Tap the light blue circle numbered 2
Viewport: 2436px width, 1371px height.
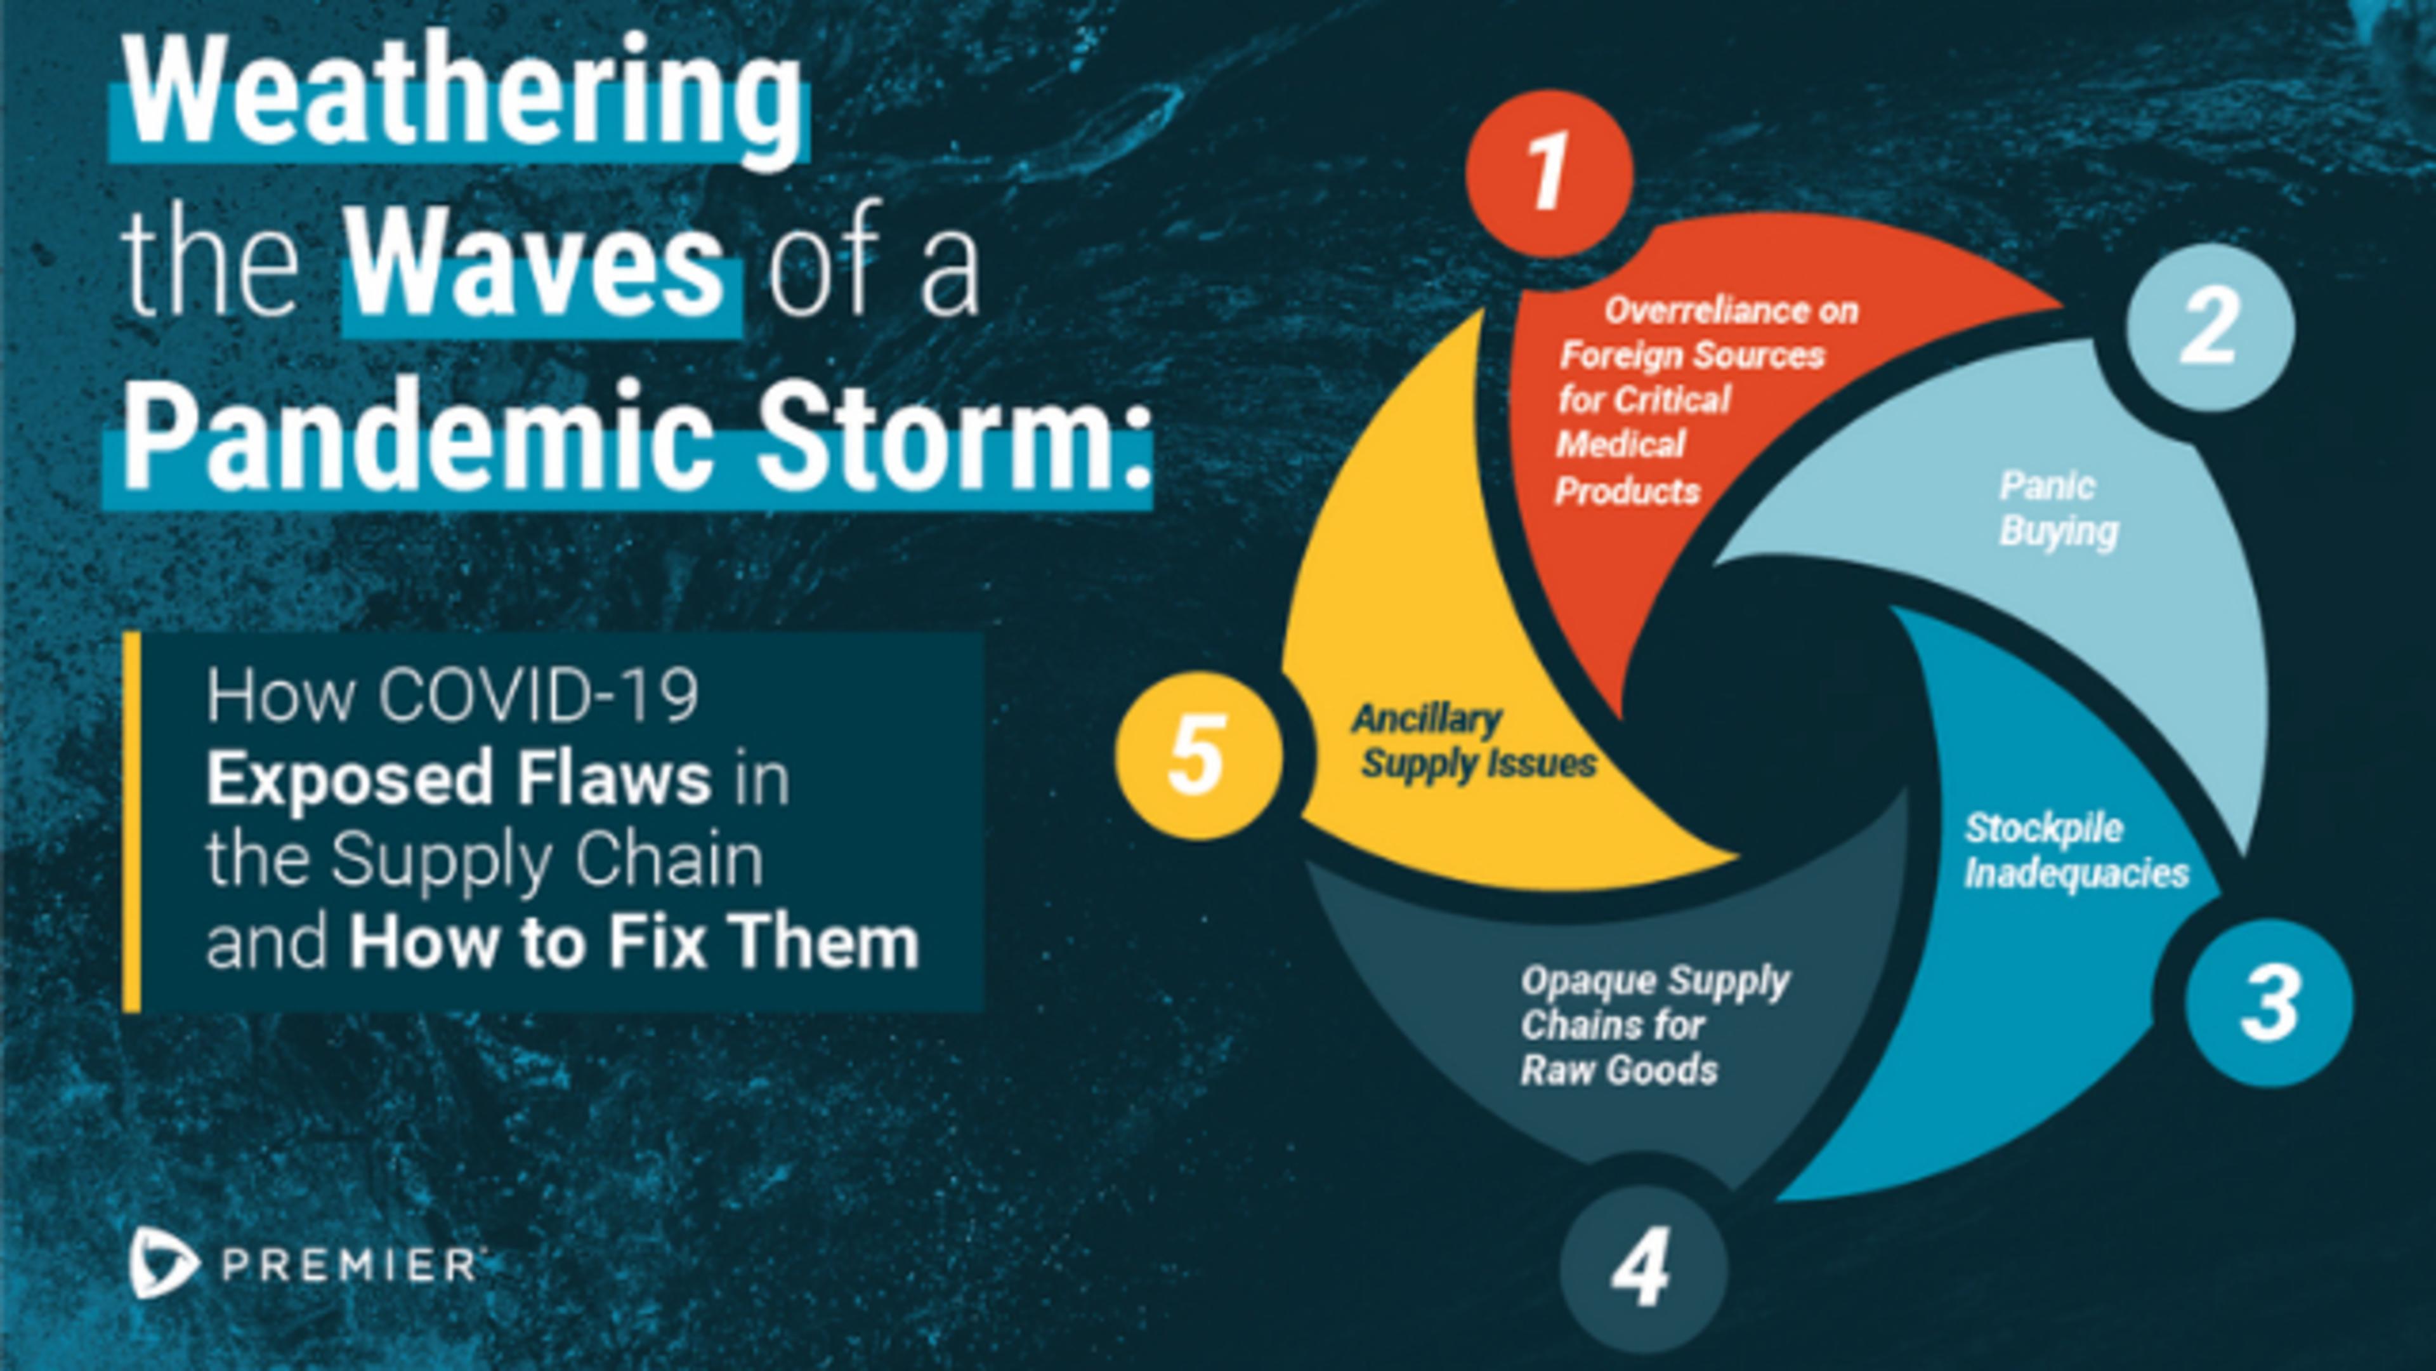coord(2210,326)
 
